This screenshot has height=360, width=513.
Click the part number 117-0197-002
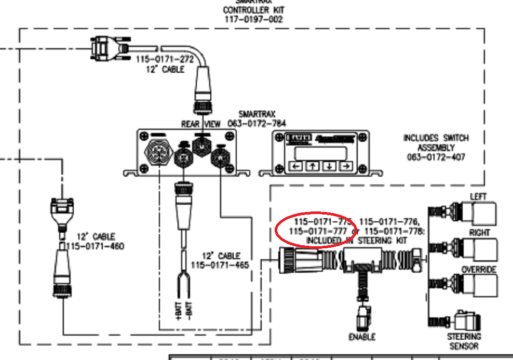[253, 20]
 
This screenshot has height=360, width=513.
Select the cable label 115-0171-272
[165, 60]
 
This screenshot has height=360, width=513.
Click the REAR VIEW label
[201, 124]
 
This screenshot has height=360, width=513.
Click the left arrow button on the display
[296, 167]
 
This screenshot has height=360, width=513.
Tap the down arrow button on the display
[329, 167]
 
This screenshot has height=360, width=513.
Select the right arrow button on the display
[346, 167]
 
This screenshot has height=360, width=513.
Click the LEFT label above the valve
[478, 197]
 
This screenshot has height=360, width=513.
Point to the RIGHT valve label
[479, 233]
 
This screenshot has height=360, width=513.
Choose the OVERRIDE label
[479, 270]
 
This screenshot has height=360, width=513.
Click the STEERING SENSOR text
[464, 341]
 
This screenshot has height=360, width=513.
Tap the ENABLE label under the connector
[362, 337]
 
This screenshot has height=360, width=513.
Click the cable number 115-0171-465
[220, 265]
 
